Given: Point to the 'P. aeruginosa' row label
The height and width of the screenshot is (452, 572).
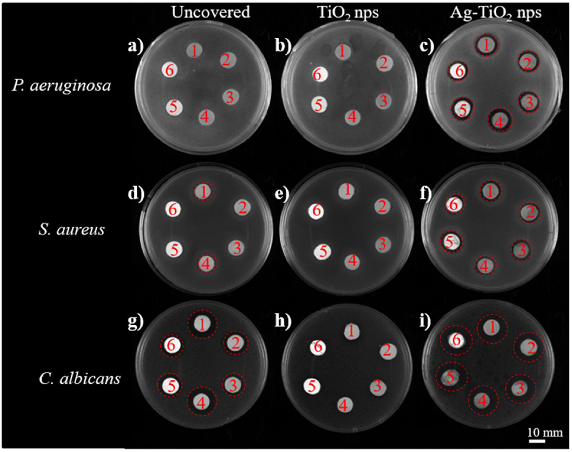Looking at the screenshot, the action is click(x=61, y=86).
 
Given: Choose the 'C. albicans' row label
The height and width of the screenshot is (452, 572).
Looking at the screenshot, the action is click(x=80, y=379).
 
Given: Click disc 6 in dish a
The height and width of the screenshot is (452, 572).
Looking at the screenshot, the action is click(x=169, y=70).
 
